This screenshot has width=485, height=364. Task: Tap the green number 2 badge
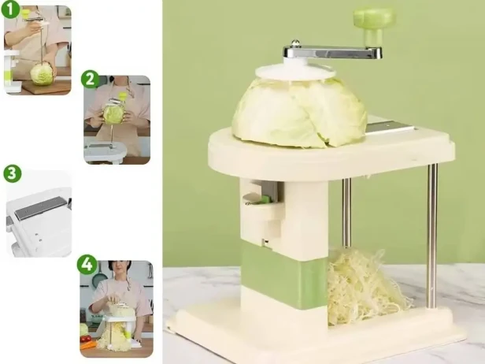click(90, 80)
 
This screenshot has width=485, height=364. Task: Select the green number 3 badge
click(12, 173)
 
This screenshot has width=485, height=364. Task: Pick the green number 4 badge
click(87, 264)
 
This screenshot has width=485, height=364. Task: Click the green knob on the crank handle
click(374, 24)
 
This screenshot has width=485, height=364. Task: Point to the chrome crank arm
click(332, 52)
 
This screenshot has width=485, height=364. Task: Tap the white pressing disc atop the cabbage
click(295, 72)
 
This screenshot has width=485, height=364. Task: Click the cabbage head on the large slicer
click(299, 113)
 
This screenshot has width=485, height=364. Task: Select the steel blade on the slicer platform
click(390, 128)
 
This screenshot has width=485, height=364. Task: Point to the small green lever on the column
click(265, 199)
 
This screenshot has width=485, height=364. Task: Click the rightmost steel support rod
click(433, 236)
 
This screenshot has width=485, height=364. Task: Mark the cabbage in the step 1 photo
click(43, 74)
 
